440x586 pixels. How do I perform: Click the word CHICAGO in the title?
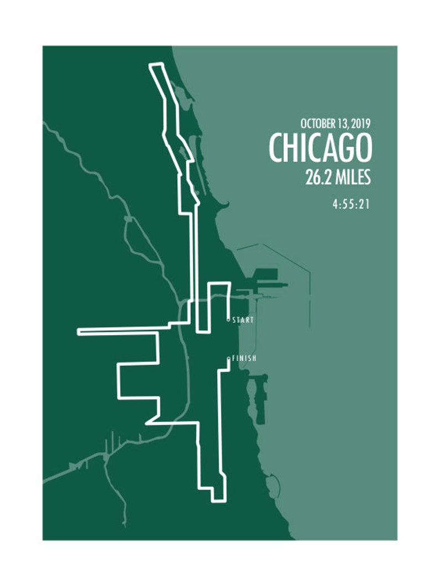(x=320, y=148)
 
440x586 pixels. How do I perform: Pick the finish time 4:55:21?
(x=351, y=204)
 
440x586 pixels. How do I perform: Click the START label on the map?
(x=243, y=320)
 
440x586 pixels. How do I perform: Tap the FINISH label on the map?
(x=244, y=358)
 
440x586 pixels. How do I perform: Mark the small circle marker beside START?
(x=228, y=320)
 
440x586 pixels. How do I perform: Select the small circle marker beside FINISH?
(x=228, y=359)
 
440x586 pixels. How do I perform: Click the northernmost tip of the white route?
(x=156, y=65)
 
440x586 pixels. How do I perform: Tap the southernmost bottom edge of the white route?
(x=219, y=501)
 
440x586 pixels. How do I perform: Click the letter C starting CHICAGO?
(x=277, y=148)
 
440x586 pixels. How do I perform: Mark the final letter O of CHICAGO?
(x=364, y=148)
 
